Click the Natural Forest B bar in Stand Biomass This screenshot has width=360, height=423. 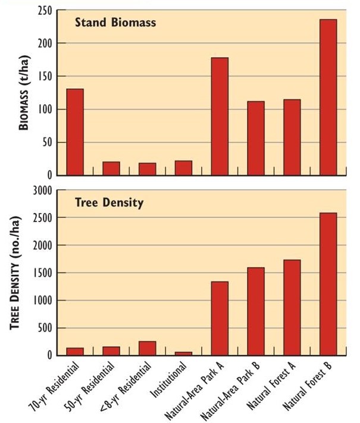328,98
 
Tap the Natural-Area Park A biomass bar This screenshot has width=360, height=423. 220,117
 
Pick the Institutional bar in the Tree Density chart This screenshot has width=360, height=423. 183,353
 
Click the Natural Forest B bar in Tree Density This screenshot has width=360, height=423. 328,284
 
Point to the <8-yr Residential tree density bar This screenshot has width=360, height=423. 147,348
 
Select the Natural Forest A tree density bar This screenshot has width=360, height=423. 292,308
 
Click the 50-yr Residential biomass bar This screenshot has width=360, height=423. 111,168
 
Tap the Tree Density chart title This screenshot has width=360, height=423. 109,203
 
